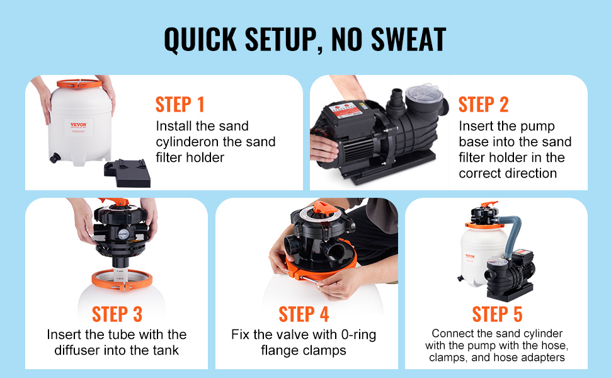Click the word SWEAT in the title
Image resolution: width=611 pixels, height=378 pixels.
[x=409, y=39]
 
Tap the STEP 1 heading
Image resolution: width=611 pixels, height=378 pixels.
[x=180, y=105]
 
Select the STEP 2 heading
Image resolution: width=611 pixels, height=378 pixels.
[x=484, y=105]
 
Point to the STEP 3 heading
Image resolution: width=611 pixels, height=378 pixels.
[x=117, y=314]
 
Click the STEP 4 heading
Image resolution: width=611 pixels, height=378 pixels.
[x=304, y=314]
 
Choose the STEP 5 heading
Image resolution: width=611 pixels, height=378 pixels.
[x=497, y=314]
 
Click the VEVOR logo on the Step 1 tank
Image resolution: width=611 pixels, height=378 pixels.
[x=78, y=125]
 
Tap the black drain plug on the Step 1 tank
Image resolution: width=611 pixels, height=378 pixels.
[x=55, y=158]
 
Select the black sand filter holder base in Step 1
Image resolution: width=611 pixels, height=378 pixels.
[x=127, y=173]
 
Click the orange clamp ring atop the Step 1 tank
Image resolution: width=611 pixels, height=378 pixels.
[x=79, y=84]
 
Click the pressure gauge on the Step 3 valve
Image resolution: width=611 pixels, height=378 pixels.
[x=123, y=234]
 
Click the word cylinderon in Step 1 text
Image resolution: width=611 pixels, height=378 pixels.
[x=188, y=142]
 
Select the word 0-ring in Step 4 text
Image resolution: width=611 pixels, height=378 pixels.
[x=358, y=335]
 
